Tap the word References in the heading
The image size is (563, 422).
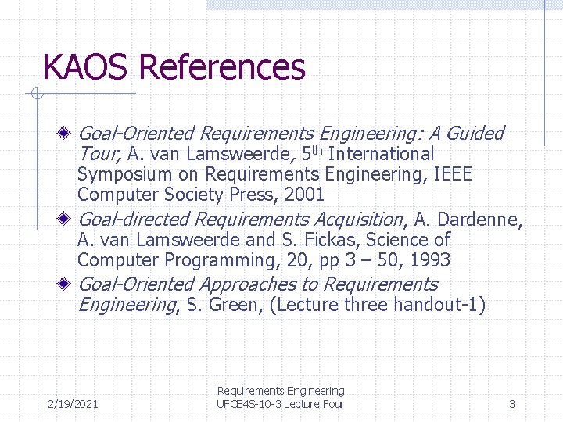click(221, 67)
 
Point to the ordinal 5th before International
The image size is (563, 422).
click(313, 154)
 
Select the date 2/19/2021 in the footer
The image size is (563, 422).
click(73, 404)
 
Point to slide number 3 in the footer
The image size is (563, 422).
click(512, 404)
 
